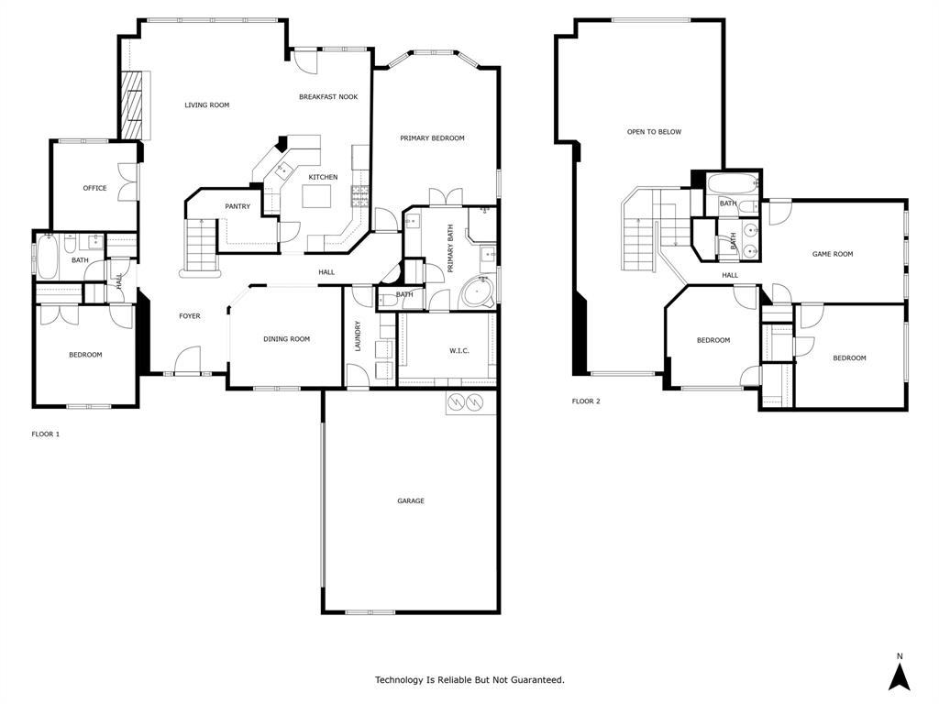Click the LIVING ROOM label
(x=206, y=105)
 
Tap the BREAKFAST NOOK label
(x=328, y=97)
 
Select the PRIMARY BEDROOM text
(x=432, y=138)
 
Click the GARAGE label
(x=410, y=501)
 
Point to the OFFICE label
(x=94, y=189)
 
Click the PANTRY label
(x=238, y=207)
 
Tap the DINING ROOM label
(x=286, y=339)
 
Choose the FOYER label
(x=189, y=316)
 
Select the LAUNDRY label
(x=358, y=335)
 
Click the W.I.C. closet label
(x=459, y=350)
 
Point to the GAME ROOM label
(x=833, y=254)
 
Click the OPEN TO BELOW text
(x=654, y=132)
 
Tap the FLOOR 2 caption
(x=586, y=401)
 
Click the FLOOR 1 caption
(x=46, y=434)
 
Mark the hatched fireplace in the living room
(x=133, y=104)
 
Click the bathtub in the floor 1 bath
(x=47, y=258)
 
